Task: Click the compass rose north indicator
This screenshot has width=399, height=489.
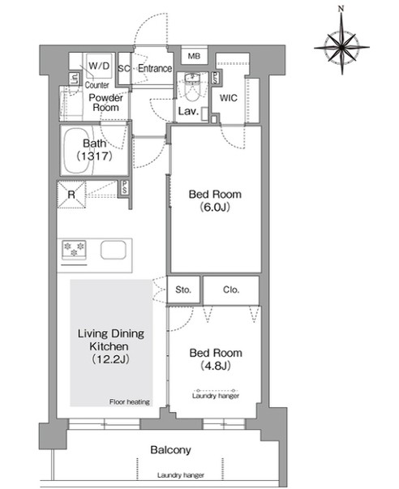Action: (341, 9)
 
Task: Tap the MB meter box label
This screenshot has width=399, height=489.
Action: (194, 56)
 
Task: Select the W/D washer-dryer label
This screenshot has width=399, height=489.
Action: (99, 66)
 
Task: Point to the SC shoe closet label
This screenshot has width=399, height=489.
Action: (124, 69)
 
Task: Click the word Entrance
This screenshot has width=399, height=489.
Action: (155, 68)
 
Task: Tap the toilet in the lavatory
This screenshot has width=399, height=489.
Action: (192, 87)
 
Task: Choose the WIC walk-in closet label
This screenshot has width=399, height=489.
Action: (229, 98)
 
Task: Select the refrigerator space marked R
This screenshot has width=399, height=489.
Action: (71, 195)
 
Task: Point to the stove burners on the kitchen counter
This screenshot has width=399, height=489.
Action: (75, 250)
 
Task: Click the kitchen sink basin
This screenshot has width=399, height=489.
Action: (114, 250)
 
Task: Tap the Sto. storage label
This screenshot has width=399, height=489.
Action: (183, 290)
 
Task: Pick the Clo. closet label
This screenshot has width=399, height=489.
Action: (231, 290)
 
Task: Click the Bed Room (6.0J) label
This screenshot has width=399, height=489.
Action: (215, 200)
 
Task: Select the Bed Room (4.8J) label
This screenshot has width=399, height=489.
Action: (216, 359)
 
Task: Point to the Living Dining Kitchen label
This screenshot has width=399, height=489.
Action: (111, 346)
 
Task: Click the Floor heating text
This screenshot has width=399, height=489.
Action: (130, 401)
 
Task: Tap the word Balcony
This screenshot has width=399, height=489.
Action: (170, 450)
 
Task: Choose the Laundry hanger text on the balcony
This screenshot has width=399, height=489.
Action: (181, 475)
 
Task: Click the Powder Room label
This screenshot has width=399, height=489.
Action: (105, 103)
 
